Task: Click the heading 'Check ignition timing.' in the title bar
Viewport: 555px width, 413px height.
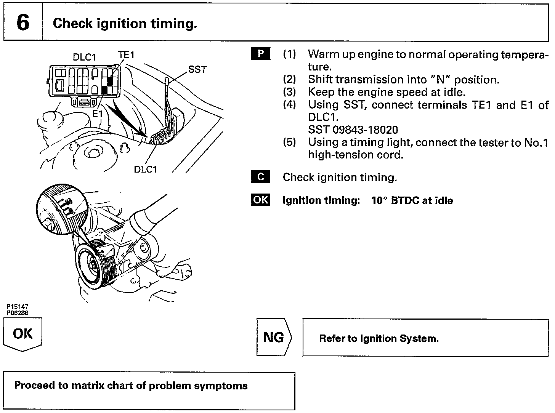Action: (125, 24)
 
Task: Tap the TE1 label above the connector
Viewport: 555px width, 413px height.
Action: (126, 55)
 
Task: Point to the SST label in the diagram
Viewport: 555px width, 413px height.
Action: (197, 70)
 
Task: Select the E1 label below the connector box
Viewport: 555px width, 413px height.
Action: (98, 113)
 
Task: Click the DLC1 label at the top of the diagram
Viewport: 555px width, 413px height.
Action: (84, 57)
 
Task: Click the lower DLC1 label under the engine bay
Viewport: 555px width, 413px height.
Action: (145, 169)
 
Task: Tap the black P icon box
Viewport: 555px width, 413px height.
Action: (260, 54)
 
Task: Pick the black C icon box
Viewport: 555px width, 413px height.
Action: (260, 177)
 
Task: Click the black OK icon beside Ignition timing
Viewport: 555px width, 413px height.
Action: (260, 200)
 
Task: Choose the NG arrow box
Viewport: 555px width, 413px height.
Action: (274, 337)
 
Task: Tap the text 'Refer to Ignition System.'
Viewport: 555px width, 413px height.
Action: (379, 338)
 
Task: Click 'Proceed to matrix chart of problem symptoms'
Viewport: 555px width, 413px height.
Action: (131, 386)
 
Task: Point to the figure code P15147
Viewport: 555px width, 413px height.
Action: (17, 306)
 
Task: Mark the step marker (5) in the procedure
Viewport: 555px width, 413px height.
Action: (289, 142)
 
